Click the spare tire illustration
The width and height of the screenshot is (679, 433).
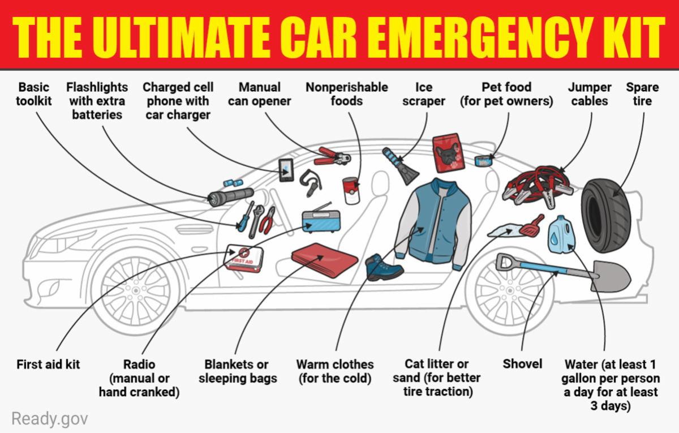pyautogui.click(x=606, y=216)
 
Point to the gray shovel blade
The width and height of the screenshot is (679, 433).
pyautogui.click(x=611, y=276)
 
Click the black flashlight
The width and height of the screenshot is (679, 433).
pyautogui.click(x=231, y=197)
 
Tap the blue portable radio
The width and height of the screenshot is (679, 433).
pyautogui.click(x=321, y=221)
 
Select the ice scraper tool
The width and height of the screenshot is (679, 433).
pyautogui.click(x=401, y=165)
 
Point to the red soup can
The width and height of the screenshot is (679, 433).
pyautogui.click(x=351, y=190)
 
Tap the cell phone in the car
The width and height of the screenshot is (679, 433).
pyautogui.click(x=286, y=170)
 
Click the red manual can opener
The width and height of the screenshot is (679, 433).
pyautogui.click(x=332, y=156)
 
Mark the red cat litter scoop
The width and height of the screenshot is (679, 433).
pyautogui.click(x=532, y=225)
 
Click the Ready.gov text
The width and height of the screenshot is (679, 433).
pyautogui.click(x=50, y=419)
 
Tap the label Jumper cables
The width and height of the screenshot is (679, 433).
pyautogui.click(x=590, y=94)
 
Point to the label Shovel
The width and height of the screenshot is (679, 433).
pyautogui.click(x=522, y=364)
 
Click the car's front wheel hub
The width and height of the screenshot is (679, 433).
pyautogui.click(x=135, y=290)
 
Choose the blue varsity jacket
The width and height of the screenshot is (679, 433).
pyautogui.click(x=434, y=224)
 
